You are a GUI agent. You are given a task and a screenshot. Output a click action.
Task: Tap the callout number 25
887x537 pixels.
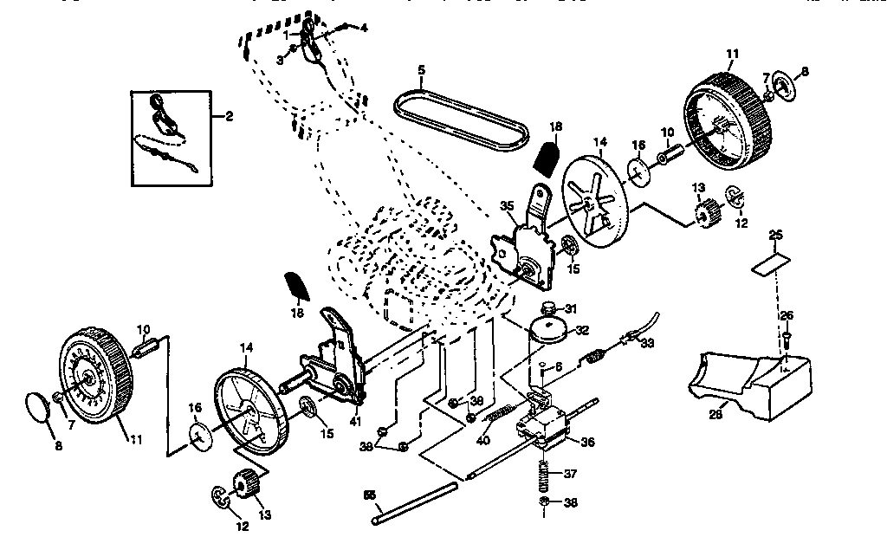pos(775,235)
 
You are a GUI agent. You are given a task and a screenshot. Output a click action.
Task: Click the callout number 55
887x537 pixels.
pos(370,495)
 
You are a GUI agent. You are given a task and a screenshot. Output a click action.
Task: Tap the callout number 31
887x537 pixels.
pos(570,309)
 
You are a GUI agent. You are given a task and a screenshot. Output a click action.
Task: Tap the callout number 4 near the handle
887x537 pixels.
pos(364,28)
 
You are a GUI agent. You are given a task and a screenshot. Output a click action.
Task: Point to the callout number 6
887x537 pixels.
pos(559,367)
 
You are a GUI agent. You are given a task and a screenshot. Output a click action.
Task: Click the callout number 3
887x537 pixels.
pos(281,59)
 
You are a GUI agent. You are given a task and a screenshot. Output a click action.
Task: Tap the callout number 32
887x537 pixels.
pos(582,330)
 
